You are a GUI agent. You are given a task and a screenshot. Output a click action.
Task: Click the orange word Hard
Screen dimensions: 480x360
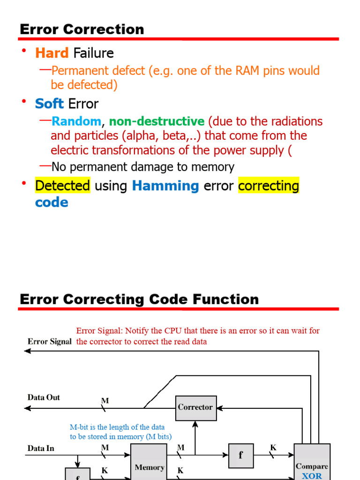pos(52,53)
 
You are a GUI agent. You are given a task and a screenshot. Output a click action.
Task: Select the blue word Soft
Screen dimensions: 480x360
pos(49,104)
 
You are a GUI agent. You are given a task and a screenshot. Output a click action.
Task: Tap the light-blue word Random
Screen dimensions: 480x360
pos(76,121)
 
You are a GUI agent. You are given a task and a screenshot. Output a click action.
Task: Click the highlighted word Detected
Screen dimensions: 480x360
pos(63,186)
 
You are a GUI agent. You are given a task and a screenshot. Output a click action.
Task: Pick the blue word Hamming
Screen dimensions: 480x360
pos(165,186)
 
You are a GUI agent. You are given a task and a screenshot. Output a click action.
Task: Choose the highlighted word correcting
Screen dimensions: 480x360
pos(269,186)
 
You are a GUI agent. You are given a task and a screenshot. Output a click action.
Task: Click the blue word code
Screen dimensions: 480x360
pos(52,202)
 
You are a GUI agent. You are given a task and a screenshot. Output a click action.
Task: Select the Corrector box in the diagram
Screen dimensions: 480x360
pos(195,407)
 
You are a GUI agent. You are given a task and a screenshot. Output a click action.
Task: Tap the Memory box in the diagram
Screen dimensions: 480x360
pos(149,464)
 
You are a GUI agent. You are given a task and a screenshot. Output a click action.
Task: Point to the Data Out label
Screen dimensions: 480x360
pos(44,397)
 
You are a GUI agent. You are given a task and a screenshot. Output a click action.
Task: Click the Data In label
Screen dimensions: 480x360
pos(41,449)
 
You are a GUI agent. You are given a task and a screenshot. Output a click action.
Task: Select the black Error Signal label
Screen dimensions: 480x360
pos(50,342)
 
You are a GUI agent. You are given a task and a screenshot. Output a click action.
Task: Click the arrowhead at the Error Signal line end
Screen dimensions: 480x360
pos(28,351)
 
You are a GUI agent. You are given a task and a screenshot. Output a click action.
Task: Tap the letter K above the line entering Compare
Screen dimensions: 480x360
pos(273,448)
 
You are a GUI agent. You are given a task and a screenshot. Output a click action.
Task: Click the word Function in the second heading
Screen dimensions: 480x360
pos(225,299)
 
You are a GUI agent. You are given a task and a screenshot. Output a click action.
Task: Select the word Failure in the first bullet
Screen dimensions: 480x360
pos(94,53)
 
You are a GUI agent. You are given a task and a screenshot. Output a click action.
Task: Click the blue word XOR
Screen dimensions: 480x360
pos(312,475)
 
